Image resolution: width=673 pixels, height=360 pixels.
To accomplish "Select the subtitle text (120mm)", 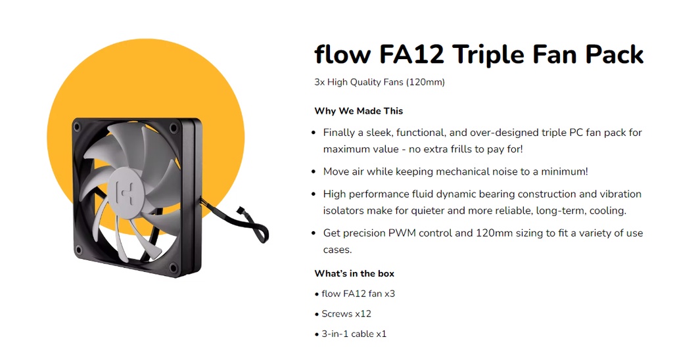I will pyautogui.click(x=425, y=82).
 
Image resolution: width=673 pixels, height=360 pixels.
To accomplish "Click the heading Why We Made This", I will pyautogui.click(x=358, y=111).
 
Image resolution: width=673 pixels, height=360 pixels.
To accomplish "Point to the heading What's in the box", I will pyautogui.click(x=354, y=273).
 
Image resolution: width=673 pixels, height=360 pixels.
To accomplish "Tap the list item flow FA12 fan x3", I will pyautogui.click(x=358, y=294).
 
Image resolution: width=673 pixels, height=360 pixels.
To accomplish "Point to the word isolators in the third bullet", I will pyautogui.click(x=343, y=211).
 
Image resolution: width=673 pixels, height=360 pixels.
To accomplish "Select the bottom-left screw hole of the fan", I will pyautogui.click(x=79, y=250).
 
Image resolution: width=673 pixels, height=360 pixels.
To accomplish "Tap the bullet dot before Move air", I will pyautogui.click(x=313, y=172).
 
